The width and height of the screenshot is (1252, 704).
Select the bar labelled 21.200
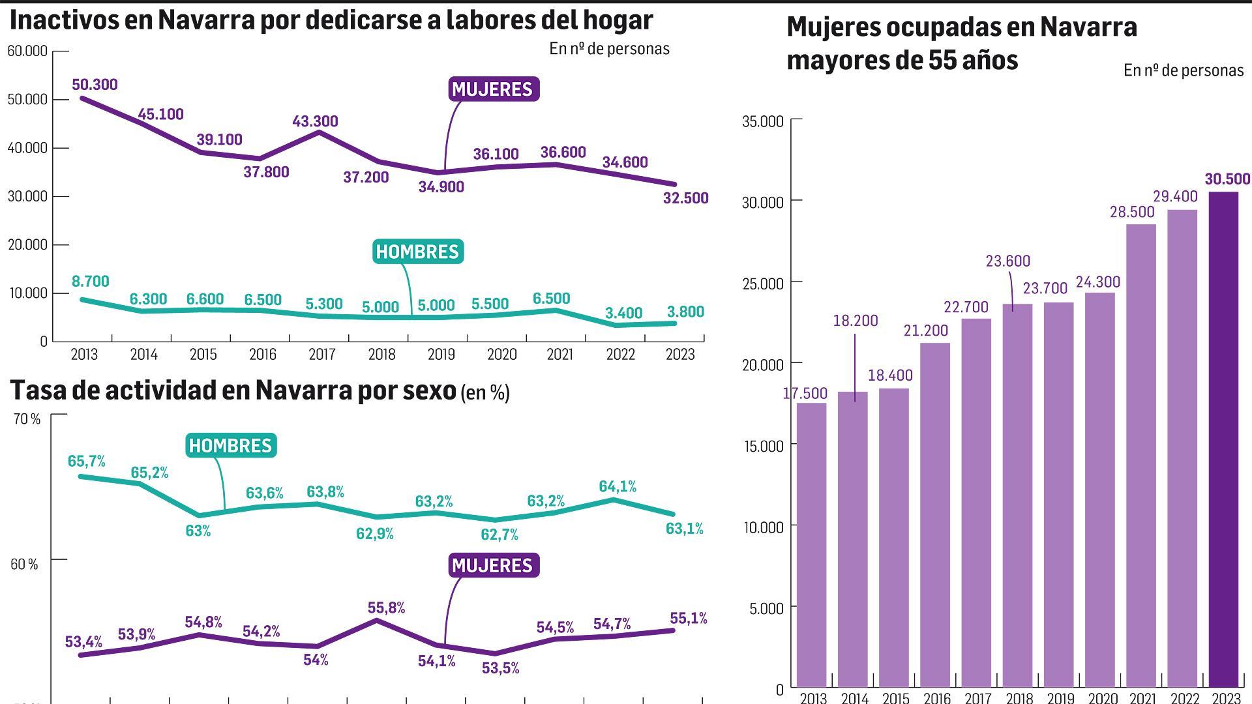pyautogui.click(x=934, y=515)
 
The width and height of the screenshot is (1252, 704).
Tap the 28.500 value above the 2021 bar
pyautogui.click(x=1132, y=212)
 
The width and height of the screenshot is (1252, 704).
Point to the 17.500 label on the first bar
pyautogui.click(x=806, y=393)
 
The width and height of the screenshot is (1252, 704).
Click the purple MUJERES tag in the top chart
pyautogui.click(x=493, y=89)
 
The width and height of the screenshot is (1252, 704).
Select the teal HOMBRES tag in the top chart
pyautogui.click(x=417, y=252)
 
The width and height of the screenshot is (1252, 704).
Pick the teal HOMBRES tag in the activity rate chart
pyautogui.click(x=230, y=445)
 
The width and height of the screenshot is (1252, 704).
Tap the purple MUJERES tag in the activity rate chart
pyautogui.click(x=493, y=565)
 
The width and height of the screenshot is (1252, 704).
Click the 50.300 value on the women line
pyautogui.click(x=95, y=85)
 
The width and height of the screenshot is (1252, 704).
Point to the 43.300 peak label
pyautogui.click(x=315, y=121)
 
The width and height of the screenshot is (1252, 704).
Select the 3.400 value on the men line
pyautogui.click(x=623, y=313)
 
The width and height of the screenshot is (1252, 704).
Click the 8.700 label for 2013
pyautogui.click(x=90, y=281)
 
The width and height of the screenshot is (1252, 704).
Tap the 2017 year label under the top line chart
pyautogui.click(x=322, y=355)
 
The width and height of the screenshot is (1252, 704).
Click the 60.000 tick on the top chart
pyautogui.click(x=27, y=51)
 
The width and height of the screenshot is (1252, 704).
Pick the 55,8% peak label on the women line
pyautogui.click(x=386, y=608)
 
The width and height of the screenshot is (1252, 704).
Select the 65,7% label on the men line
pyautogui.click(x=86, y=461)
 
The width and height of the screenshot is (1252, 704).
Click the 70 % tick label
pyautogui.click(x=27, y=419)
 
